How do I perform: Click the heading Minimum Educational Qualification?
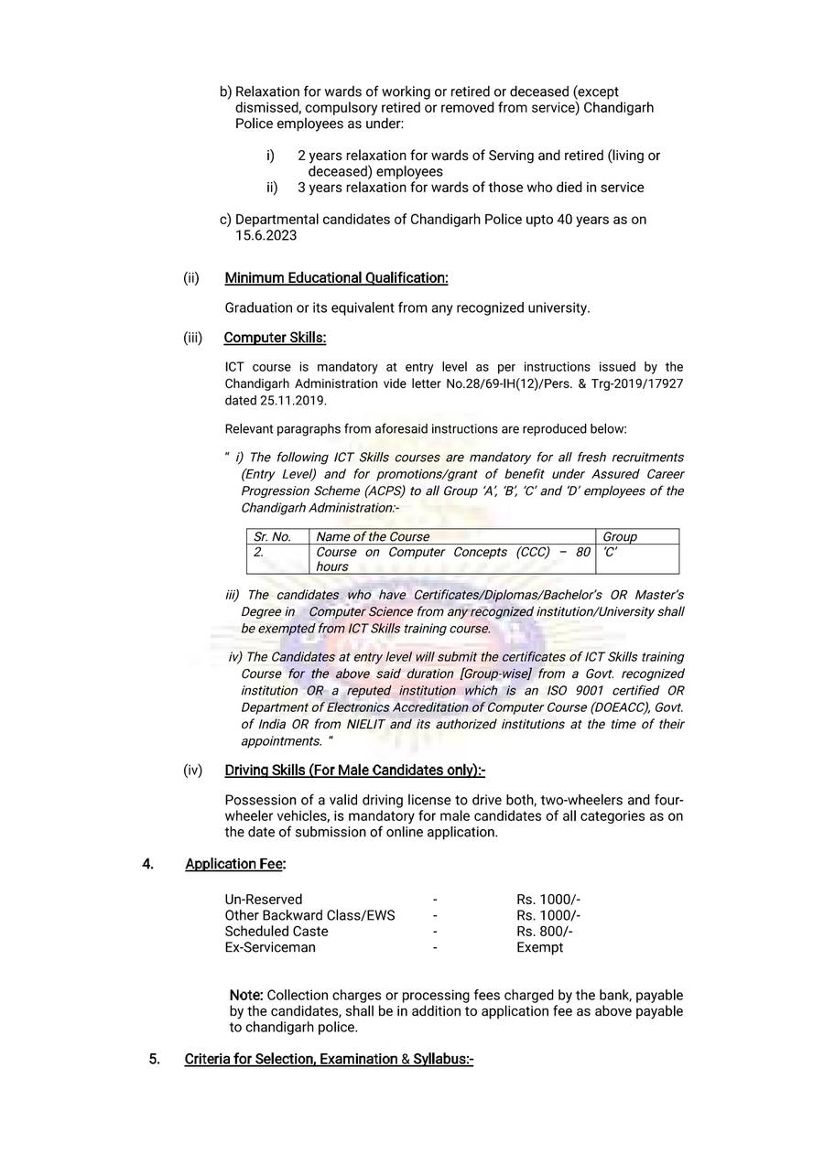(x=336, y=277)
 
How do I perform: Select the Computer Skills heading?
(x=275, y=338)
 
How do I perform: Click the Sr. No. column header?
(x=272, y=536)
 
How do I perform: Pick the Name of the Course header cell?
(x=373, y=536)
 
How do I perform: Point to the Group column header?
(x=620, y=536)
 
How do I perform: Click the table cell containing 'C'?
(x=611, y=552)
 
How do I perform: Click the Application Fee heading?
(x=235, y=864)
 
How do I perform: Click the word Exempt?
(x=539, y=947)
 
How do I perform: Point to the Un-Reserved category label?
(x=264, y=900)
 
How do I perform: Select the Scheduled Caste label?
(x=276, y=932)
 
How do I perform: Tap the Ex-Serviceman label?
(x=270, y=947)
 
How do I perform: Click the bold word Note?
(x=245, y=995)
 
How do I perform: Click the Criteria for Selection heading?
(x=329, y=1060)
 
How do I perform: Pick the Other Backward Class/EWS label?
(x=310, y=915)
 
